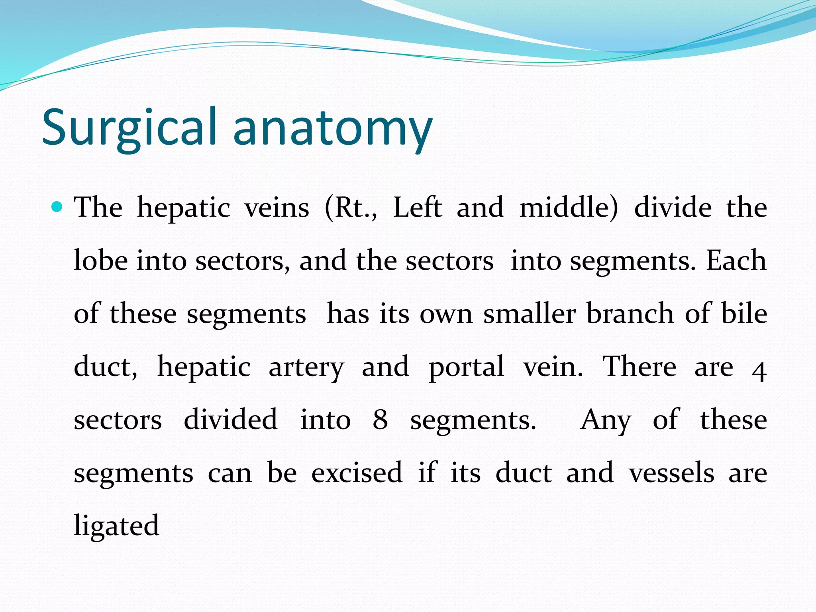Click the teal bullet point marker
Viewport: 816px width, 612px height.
57,207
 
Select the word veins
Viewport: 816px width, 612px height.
277,208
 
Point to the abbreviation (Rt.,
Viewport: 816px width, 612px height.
351,208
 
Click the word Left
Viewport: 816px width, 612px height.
417,208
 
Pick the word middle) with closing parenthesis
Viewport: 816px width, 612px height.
569,208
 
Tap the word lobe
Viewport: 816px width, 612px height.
101,261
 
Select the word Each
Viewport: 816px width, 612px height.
736,261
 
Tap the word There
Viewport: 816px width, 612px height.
639,367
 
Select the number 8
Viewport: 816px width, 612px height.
380,420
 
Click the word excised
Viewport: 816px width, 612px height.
357,473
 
